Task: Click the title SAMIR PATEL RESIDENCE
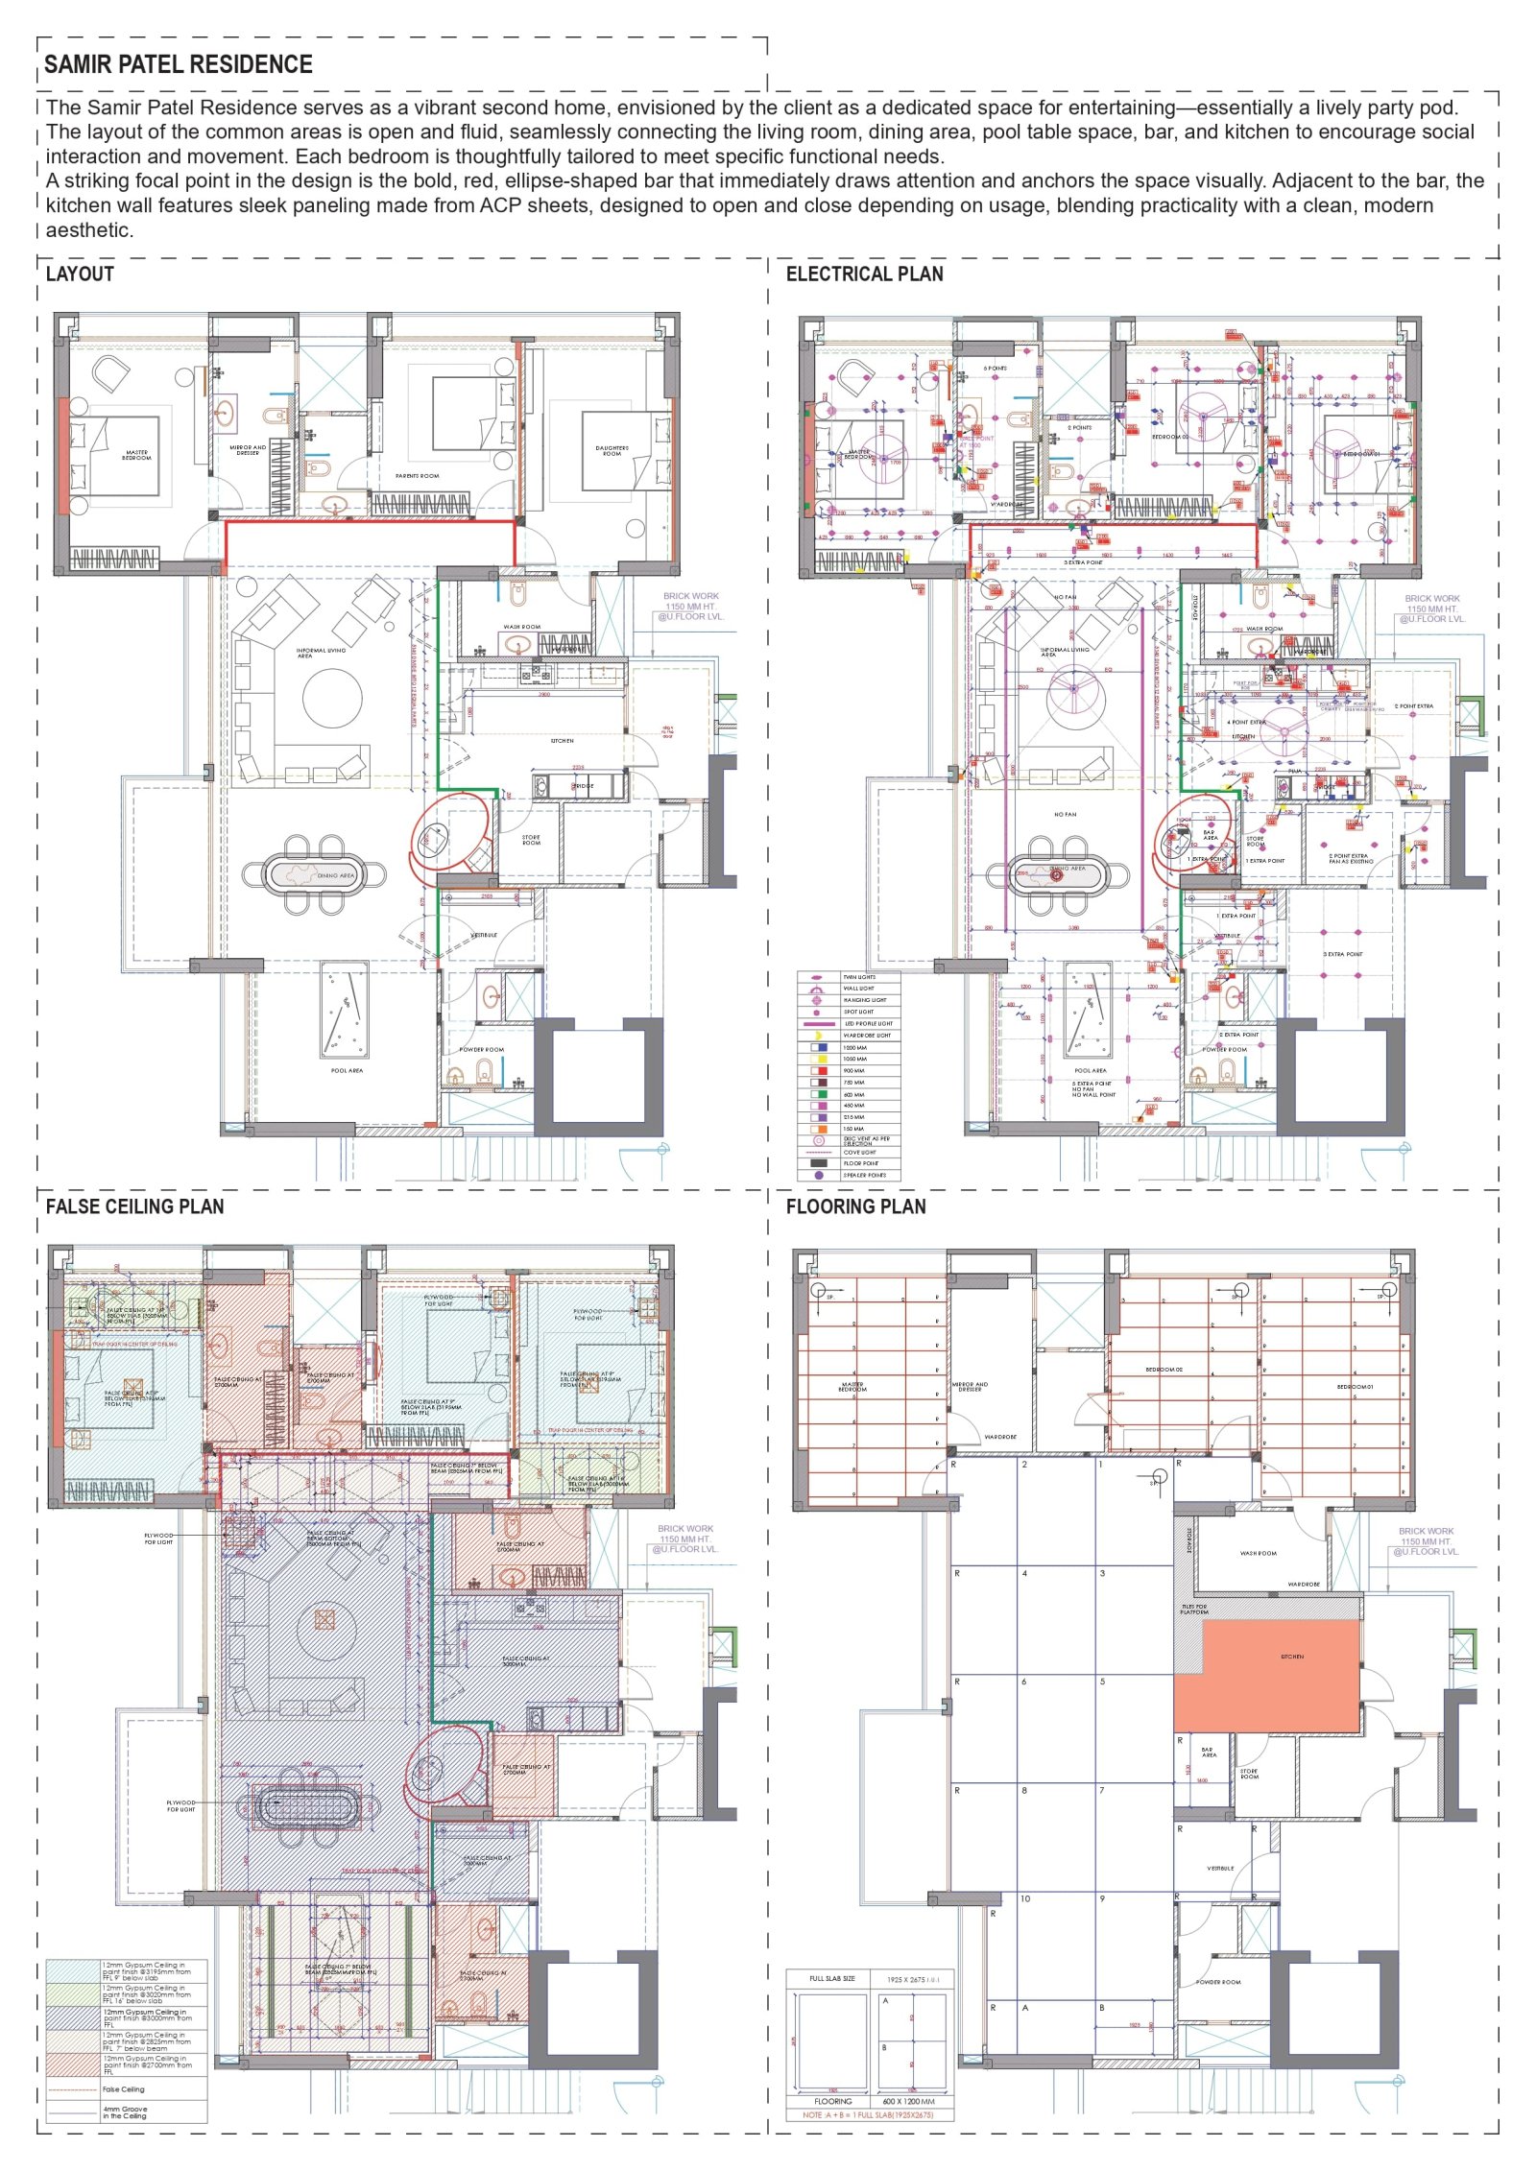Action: point(179,64)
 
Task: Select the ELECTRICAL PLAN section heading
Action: point(864,274)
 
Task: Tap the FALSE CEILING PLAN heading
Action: point(134,1206)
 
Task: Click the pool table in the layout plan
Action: point(343,1010)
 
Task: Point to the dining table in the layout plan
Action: point(314,874)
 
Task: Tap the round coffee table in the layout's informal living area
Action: point(332,698)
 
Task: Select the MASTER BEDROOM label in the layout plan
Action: point(136,455)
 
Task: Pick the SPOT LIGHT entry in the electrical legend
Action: point(857,1012)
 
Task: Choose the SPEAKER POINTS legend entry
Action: point(864,1175)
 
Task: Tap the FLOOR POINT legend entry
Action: point(860,1163)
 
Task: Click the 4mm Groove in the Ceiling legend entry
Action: point(125,2112)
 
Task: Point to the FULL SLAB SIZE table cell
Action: point(831,1978)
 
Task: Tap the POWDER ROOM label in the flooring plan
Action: point(1218,1981)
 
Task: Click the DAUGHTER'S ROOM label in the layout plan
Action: point(612,450)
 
